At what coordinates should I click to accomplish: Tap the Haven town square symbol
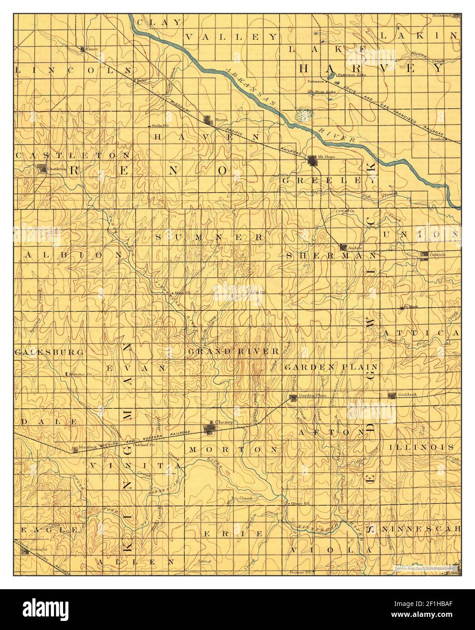point(208,121)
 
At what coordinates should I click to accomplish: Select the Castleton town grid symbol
point(42,169)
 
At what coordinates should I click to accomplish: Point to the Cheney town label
point(225,422)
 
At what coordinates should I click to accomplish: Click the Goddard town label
point(407,395)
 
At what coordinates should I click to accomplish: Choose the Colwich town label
point(438,255)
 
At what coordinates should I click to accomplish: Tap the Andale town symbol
point(343,247)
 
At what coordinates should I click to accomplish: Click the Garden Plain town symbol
point(293,398)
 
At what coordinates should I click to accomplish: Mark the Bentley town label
point(438,139)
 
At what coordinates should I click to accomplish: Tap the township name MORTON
point(232,450)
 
